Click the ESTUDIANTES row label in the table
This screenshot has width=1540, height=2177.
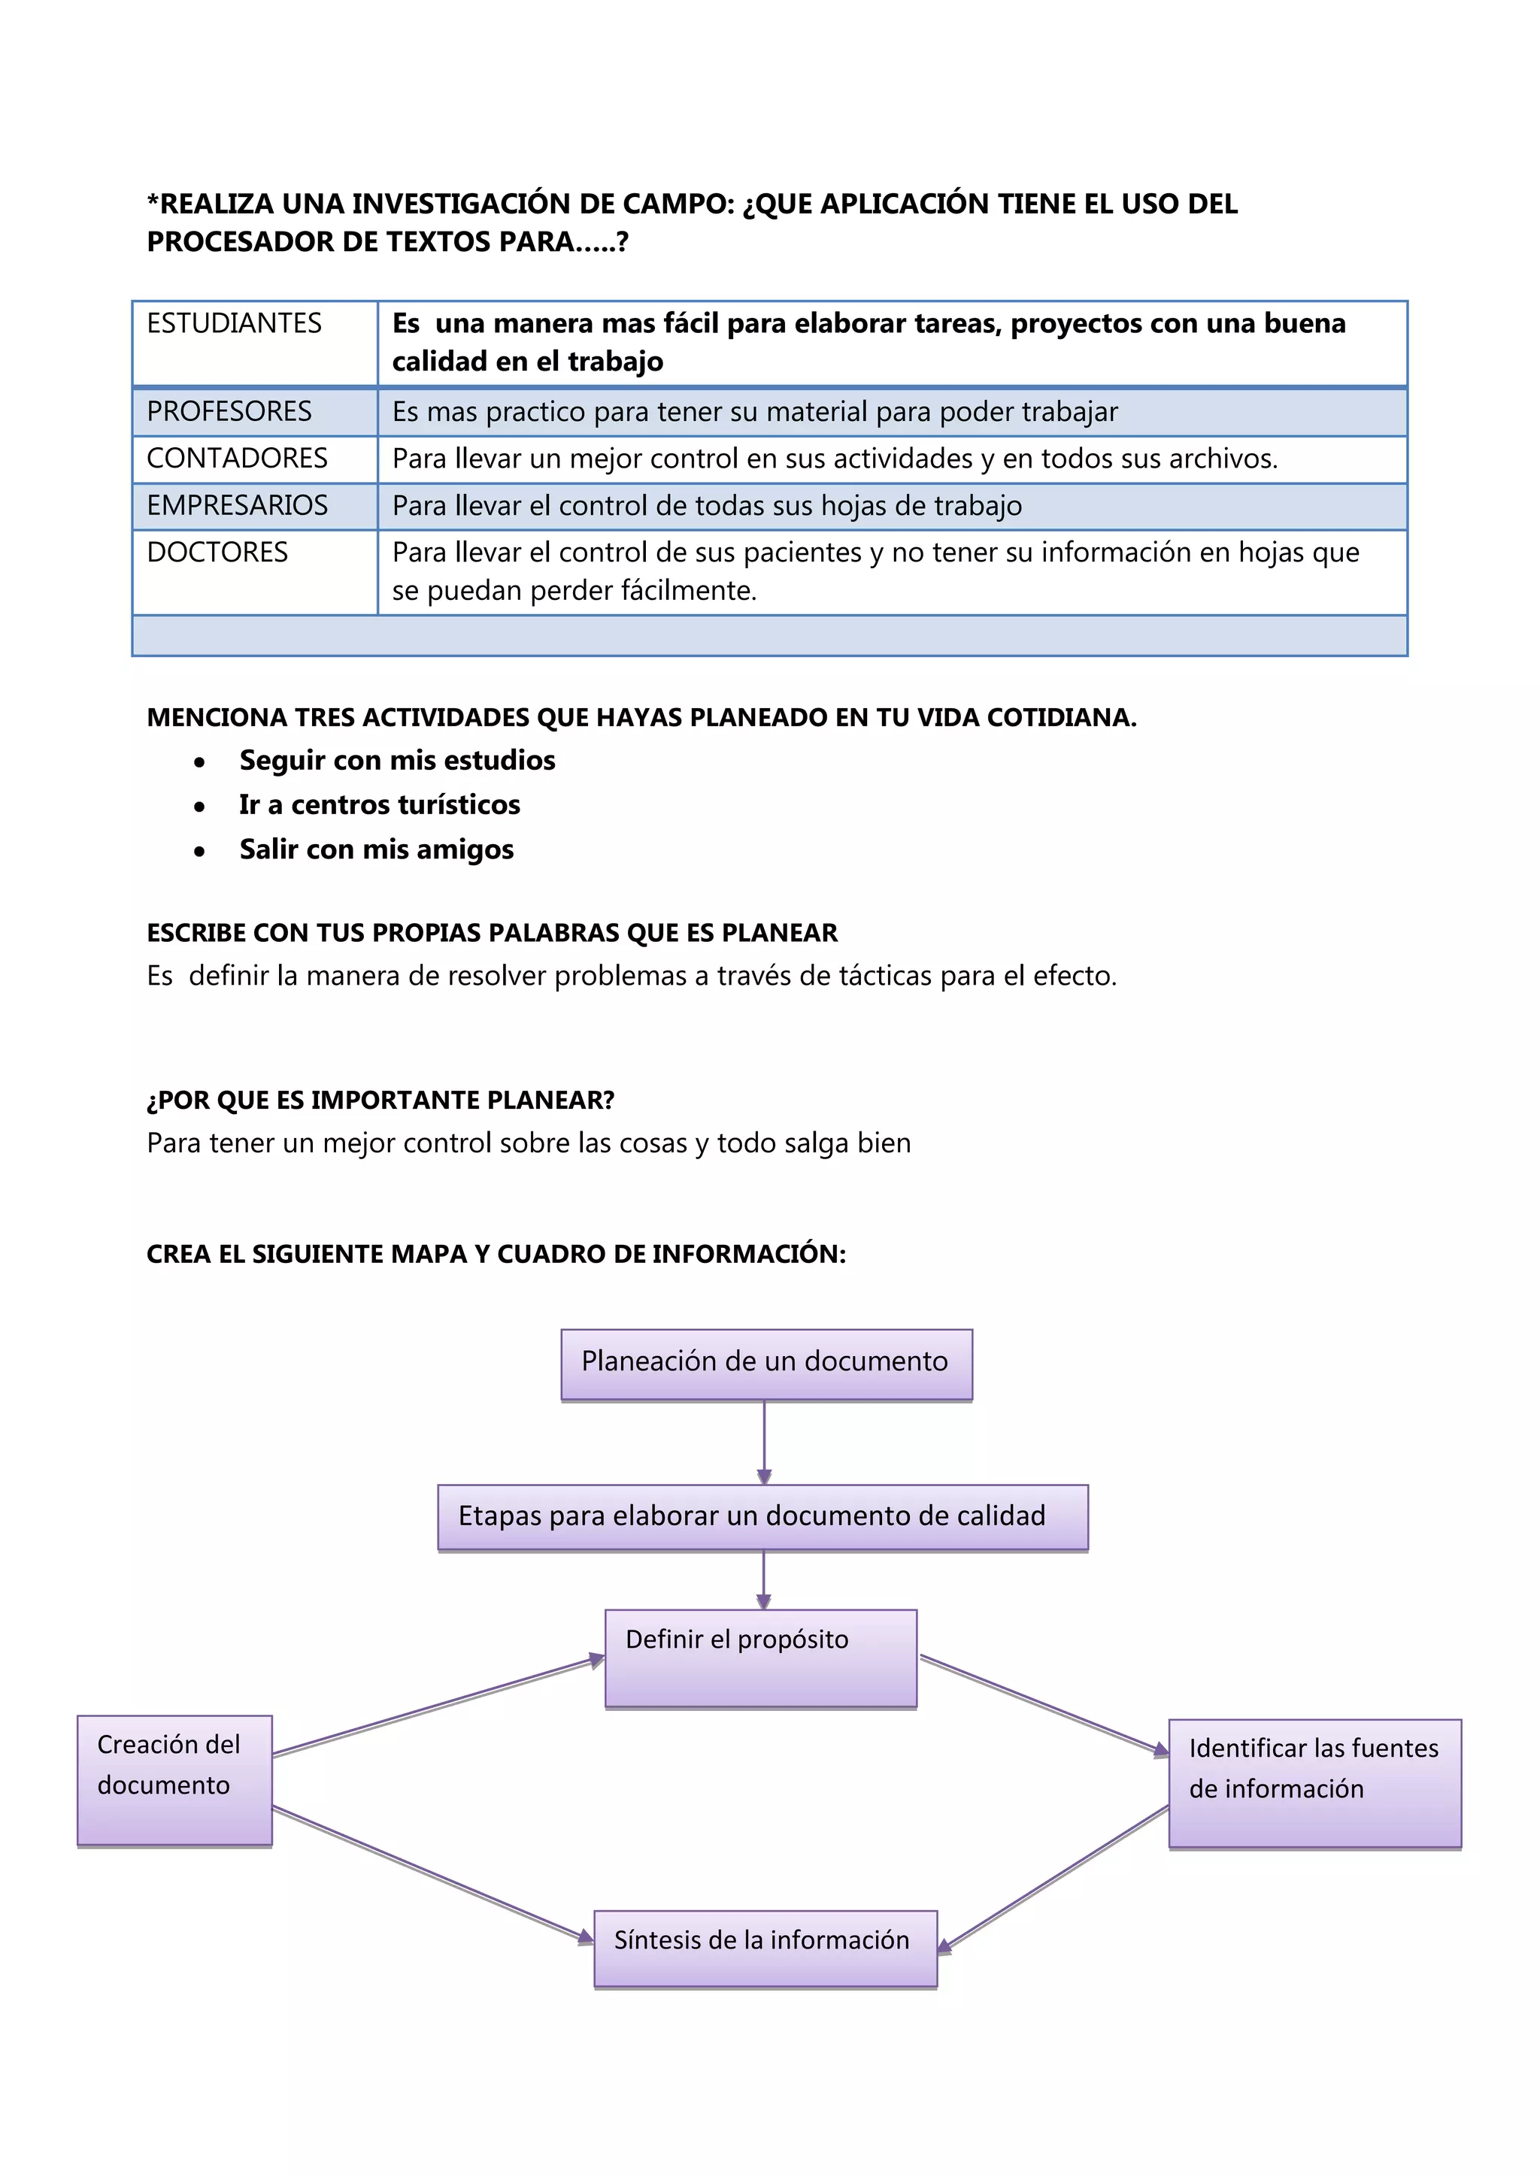(234, 324)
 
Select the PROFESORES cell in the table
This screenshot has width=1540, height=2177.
(229, 411)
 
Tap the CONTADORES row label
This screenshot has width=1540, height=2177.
(237, 459)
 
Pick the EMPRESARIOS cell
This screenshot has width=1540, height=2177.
(237, 505)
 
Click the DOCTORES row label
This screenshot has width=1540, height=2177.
(217, 553)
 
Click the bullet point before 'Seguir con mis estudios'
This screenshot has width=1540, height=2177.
(199, 762)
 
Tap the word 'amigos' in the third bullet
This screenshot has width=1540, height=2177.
(465, 849)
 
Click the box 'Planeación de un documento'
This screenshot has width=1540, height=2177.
(766, 1364)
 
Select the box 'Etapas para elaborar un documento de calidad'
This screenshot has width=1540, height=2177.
(762, 1517)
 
